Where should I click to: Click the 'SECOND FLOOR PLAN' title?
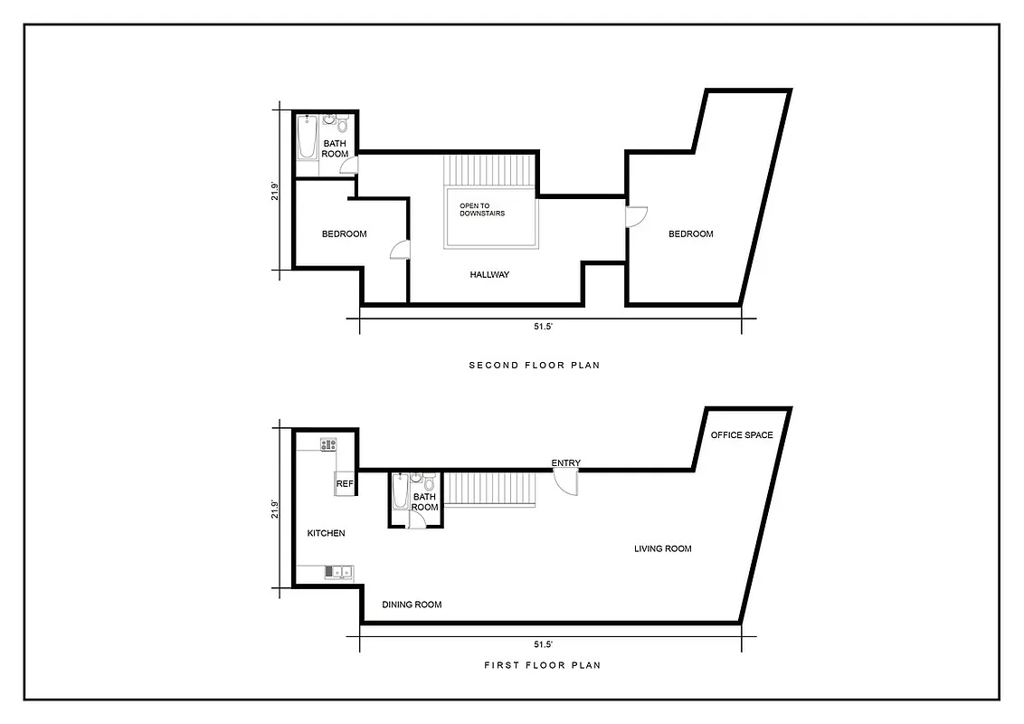534,366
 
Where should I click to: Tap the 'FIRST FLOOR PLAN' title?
542,665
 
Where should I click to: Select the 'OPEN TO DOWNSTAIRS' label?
482,210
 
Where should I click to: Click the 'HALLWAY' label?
489,274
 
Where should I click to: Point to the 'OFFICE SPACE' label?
742,435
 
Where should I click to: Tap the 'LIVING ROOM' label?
663,548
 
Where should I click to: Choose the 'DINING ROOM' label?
412,605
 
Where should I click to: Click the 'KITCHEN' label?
326,533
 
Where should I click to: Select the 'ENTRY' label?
566,463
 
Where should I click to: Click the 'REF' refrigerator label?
344,484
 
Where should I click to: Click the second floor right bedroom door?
637,217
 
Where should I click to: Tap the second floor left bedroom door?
400,251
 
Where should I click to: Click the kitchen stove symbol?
328,443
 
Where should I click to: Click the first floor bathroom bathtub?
400,494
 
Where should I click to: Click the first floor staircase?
492,489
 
